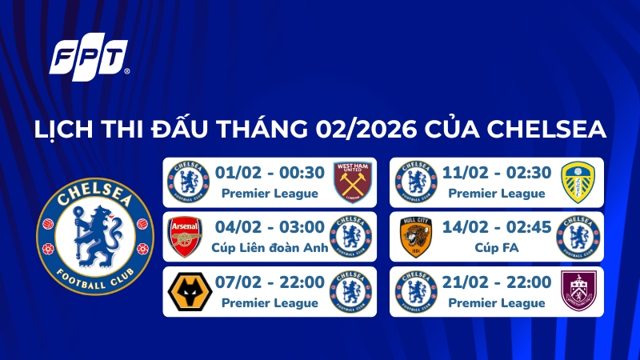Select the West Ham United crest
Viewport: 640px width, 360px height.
[x=352, y=180]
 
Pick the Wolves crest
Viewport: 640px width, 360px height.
[x=185, y=293]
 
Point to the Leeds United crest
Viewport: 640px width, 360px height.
[x=578, y=180]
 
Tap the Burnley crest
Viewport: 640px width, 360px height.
[x=578, y=293]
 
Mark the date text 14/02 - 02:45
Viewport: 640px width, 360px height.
[x=497, y=227]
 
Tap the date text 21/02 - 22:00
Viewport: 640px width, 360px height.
[x=497, y=283]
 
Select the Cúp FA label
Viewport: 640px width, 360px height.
[x=496, y=248]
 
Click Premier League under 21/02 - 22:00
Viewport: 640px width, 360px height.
[x=496, y=303]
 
